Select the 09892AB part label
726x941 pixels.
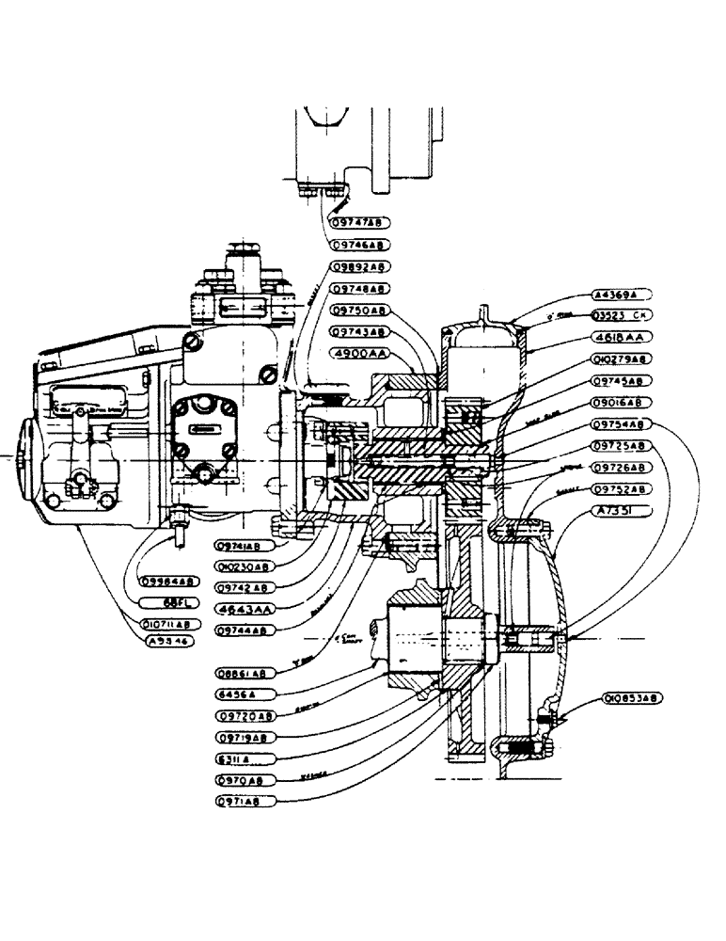click(358, 267)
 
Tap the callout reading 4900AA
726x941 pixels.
click(358, 354)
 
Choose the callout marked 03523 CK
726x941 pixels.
click(622, 314)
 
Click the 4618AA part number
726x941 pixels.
click(622, 336)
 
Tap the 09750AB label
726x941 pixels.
click(358, 310)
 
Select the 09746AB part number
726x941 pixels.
click(358, 245)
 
